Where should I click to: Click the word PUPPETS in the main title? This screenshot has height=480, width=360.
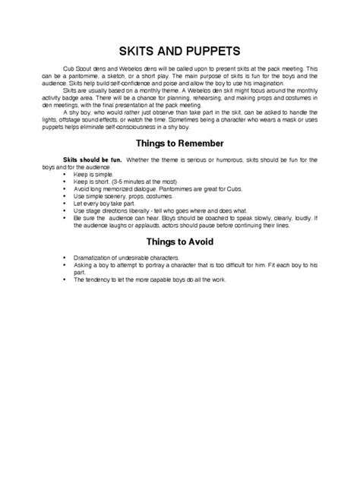(x=210, y=51)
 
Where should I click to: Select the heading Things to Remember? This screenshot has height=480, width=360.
(x=179, y=143)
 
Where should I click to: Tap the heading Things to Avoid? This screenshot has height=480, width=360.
(x=179, y=242)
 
